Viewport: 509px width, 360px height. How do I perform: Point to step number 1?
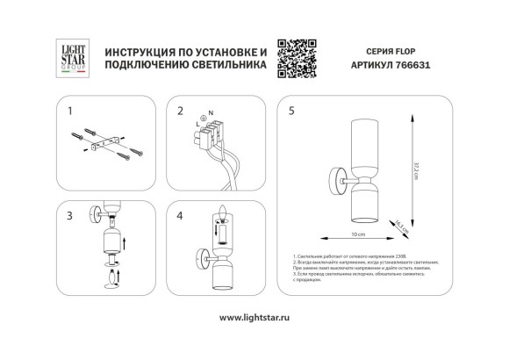pos(72,112)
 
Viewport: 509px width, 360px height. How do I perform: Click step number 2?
pos(181,112)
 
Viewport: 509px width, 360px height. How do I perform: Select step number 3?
pos(72,213)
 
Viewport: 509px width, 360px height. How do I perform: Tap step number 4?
pos(181,213)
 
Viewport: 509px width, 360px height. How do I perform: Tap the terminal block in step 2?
pos(209,136)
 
